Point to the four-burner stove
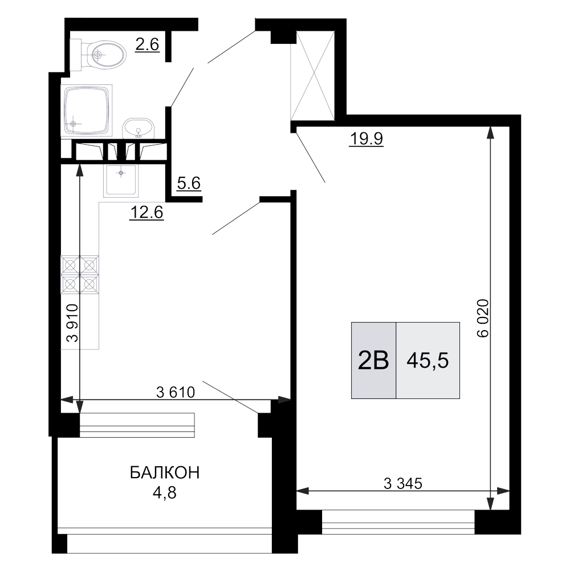click(80, 274)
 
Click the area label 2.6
click(146, 45)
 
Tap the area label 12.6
click(147, 213)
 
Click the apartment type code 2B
click(373, 360)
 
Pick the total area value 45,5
click(427, 360)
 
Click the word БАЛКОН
click(165, 473)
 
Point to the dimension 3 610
click(176, 392)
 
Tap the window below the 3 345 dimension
click(398, 523)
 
